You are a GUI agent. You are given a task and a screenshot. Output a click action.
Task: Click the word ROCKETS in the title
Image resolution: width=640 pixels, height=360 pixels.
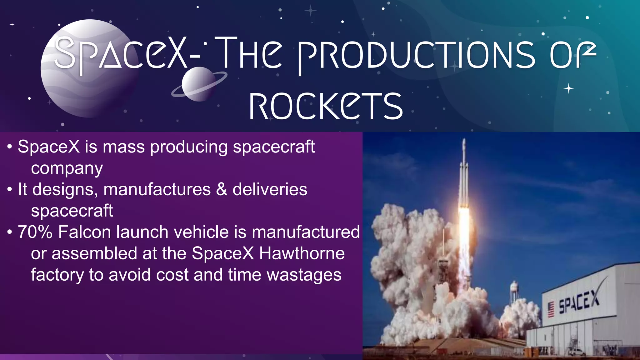[326, 106]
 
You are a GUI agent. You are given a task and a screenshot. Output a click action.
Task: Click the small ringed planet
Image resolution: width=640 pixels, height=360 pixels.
[198, 84]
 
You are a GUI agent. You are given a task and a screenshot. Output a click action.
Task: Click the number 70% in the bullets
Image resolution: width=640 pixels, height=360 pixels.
[35, 232]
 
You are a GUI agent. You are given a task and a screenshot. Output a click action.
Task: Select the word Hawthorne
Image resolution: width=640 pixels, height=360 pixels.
[302, 253]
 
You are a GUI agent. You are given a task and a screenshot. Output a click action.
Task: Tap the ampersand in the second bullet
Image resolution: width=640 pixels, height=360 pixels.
[222, 189]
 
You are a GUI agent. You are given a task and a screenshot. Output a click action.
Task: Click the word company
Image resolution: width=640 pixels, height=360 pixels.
[67, 169]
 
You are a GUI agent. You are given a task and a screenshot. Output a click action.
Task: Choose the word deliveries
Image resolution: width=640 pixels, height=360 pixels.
[270, 189]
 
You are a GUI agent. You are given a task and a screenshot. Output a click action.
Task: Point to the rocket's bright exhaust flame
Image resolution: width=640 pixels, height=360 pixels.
[464, 225]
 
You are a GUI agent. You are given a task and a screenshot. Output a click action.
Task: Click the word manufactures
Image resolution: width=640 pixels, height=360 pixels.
[157, 189]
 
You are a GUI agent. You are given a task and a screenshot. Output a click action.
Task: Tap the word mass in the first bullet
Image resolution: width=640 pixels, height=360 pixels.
[124, 147]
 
